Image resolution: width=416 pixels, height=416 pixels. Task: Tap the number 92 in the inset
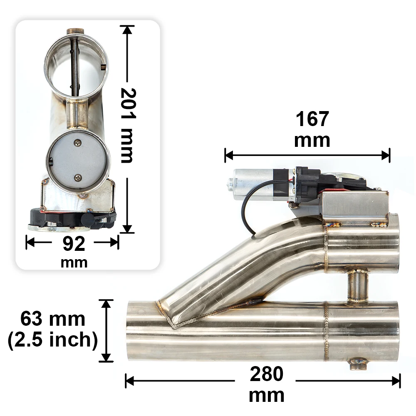click(74, 245)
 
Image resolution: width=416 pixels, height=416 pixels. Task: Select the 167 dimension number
click(312, 119)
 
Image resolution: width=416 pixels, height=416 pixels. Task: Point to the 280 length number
click(266, 374)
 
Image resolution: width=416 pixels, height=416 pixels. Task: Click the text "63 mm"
click(53, 319)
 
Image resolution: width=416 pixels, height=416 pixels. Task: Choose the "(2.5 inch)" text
click(52, 340)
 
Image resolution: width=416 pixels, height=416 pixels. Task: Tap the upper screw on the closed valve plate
click(77, 143)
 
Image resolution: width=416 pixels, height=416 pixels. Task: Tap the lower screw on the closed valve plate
click(78, 178)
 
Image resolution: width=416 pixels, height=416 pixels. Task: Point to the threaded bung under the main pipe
click(358, 364)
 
